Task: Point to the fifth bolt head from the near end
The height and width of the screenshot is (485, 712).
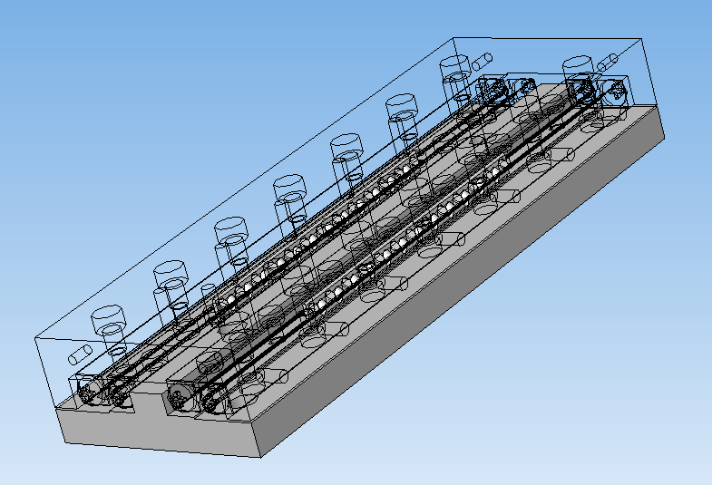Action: click(x=346, y=142)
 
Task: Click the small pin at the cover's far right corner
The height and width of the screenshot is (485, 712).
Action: click(x=607, y=63)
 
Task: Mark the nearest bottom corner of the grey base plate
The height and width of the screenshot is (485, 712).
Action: click(x=261, y=457)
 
